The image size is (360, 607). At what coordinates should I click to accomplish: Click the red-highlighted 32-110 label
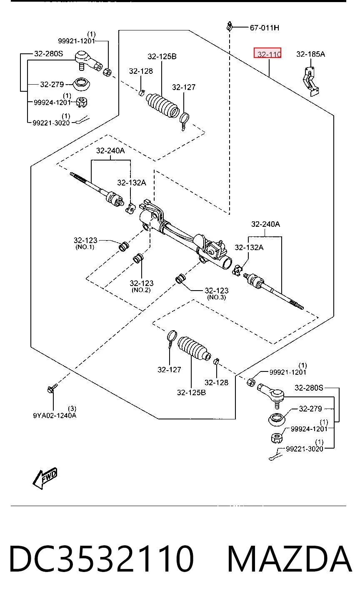[267, 53]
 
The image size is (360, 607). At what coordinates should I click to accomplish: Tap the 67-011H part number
[265, 28]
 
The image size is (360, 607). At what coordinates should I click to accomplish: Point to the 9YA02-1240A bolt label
[55, 415]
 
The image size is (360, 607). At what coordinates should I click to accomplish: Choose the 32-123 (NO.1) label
[85, 243]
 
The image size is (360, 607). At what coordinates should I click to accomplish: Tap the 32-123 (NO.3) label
[216, 293]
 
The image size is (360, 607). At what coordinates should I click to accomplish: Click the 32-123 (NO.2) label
[141, 286]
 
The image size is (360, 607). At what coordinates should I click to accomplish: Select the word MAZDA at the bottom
[290, 559]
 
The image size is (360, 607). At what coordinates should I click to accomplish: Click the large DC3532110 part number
[102, 559]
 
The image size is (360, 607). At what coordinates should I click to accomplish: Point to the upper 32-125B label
[162, 56]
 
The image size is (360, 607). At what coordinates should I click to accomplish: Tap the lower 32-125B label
[191, 392]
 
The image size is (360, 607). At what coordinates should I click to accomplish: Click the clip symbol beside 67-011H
[230, 27]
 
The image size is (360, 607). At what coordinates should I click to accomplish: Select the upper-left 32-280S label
[48, 53]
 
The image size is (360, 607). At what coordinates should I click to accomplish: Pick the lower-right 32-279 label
[310, 409]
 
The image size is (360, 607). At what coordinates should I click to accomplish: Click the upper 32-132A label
[132, 183]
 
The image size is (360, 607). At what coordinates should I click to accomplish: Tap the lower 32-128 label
[216, 382]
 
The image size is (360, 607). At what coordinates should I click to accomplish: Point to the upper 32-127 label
[184, 87]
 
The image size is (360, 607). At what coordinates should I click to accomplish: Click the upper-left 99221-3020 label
[51, 123]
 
